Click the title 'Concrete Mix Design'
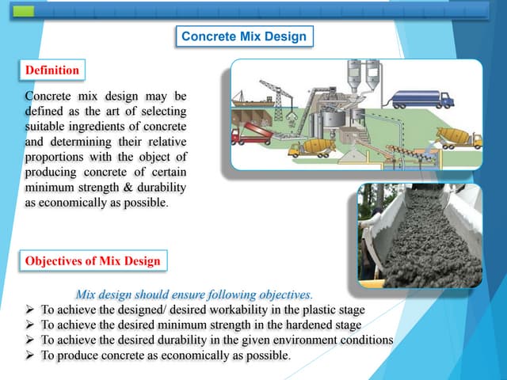click(x=243, y=36)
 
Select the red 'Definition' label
click(x=52, y=70)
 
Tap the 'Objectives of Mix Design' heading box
click(x=93, y=260)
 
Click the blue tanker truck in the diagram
click(x=420, y=99)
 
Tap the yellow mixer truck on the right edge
click(x=459, y=137)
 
